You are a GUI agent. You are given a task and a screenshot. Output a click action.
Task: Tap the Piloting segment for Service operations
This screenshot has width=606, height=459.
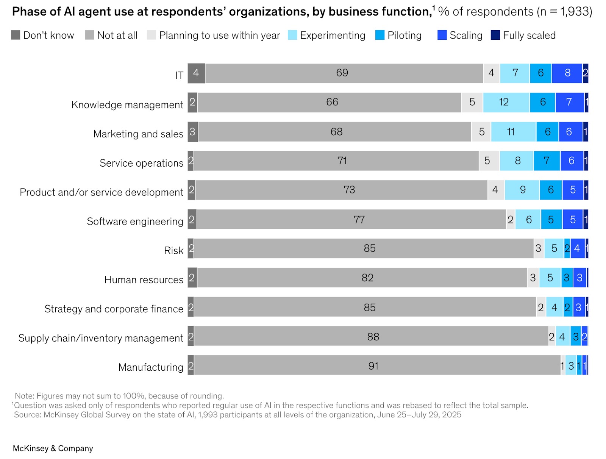coord(547,161)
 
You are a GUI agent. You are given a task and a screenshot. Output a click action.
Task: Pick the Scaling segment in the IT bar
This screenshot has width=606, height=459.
coord(567,73)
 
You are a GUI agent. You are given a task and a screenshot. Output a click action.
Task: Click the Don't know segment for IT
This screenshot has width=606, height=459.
coord(196,73)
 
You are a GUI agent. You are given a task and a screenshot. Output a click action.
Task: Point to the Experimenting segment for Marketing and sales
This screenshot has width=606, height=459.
coord(513,132)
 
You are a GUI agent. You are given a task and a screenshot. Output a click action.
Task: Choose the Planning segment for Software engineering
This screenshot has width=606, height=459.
coord(511,220)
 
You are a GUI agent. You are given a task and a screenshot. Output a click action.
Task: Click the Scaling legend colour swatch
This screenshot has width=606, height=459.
coord(442,35)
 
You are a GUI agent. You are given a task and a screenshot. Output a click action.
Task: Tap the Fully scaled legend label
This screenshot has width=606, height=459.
coord(529,36)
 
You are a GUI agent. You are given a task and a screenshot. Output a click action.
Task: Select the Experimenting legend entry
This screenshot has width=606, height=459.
coord(333,36)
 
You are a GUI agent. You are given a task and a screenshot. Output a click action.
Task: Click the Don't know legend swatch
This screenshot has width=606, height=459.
coord(16,35)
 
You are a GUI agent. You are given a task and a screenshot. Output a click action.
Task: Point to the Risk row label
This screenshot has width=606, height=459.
coord(173,251)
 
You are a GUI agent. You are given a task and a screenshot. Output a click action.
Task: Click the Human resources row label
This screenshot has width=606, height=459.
coord(144,280)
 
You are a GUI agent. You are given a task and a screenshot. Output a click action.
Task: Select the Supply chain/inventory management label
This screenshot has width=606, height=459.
coord(101,338)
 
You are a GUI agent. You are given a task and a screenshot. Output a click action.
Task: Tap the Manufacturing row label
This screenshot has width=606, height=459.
coord(150,367)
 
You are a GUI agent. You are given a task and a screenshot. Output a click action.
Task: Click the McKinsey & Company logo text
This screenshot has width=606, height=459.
coord(53,448)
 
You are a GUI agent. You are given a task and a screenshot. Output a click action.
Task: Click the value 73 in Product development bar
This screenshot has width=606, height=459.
coord(349,190)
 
